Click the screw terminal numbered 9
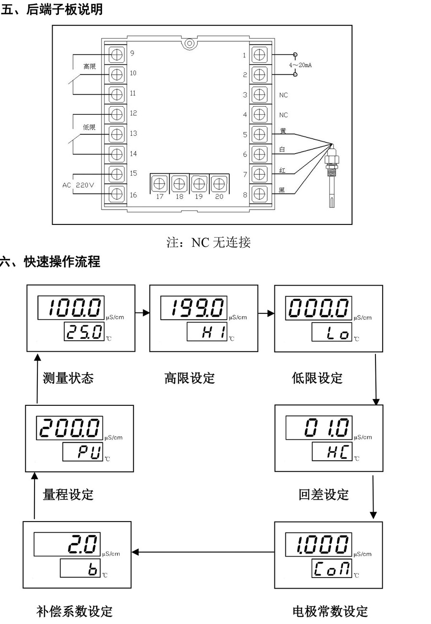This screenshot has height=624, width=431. coord(116,55)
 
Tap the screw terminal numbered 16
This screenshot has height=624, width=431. coord(116,194)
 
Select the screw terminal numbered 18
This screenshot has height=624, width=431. coord(179,184)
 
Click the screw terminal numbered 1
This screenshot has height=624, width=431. coord(260,55)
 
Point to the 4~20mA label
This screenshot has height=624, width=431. coord(300,65)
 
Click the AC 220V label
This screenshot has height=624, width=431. coord(78,185)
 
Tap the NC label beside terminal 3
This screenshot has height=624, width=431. coord(283,95)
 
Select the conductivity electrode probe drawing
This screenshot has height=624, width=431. coord(332,176)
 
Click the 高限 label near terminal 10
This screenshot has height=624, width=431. coord(90,67)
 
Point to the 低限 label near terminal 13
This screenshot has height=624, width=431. coord(89,127)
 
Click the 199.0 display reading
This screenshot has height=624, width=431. coord(197,308)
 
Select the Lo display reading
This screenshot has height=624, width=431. coord(338,332)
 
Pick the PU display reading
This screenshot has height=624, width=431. coord(89,452)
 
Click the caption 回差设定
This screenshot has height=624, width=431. coord(324,495)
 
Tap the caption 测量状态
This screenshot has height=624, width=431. coord(68,378)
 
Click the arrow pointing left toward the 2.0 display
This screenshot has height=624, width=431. coord(203,552)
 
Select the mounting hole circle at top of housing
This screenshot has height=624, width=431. coord(190,44)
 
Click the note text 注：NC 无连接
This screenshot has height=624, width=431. coord(208,242)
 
